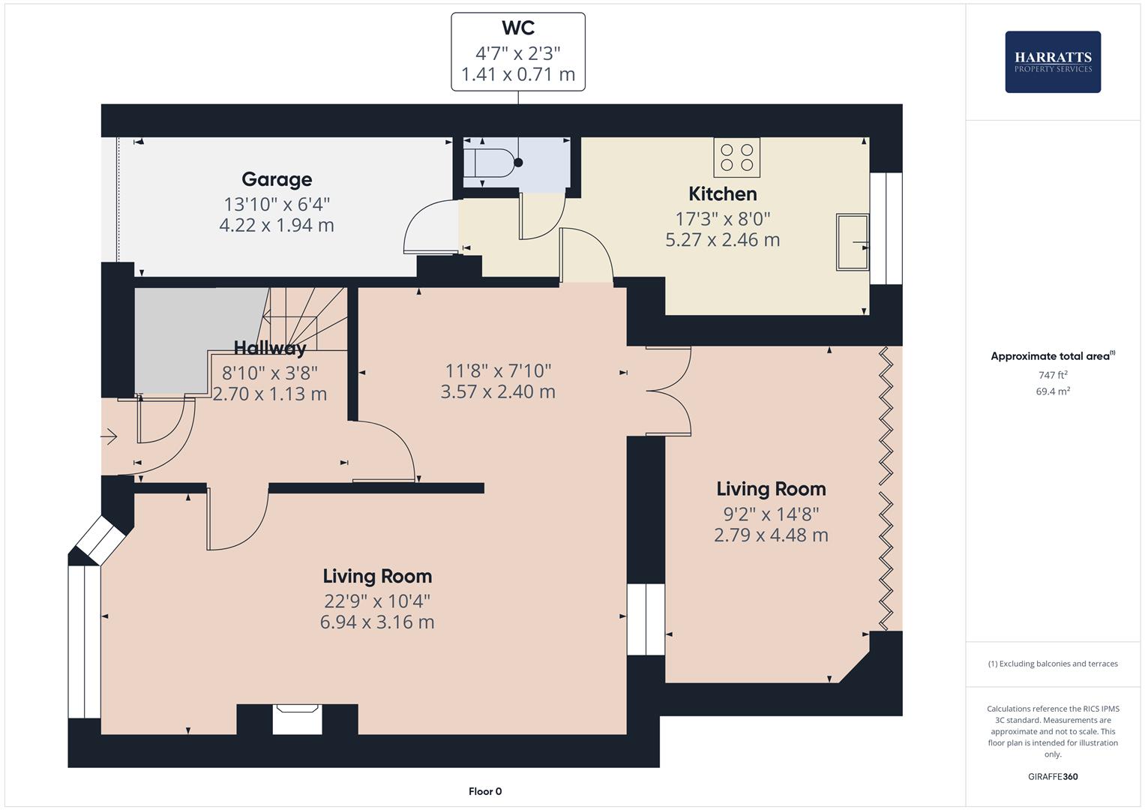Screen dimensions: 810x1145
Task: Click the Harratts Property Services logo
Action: click(x=1052, y=61)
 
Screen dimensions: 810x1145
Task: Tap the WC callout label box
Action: click(x=517, y=52)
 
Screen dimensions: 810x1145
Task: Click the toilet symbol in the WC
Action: click(x=487, y=161)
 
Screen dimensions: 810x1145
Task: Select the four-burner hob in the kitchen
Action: click(x=736, y=157)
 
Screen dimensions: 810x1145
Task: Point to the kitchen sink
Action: click(x=853, y=241)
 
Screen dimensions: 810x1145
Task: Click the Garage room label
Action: click(x=277, y=179)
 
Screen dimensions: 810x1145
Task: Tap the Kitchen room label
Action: click(x=722, y=194)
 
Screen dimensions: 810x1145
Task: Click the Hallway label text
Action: click(x=269, y=348)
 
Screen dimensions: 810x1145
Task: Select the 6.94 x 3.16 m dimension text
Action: click(x=377, y=622)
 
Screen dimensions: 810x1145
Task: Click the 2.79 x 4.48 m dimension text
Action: click(x=771, y=535)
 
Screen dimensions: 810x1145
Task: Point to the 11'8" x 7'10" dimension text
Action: click(x=498, y=370)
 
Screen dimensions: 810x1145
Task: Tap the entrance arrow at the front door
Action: click(x=109, y=436)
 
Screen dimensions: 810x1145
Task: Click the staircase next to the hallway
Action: click(x=300, y=319)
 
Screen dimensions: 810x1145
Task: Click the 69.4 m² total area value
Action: click(x=1052, y=391)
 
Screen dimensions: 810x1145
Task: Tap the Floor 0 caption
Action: click(x=484, y=791)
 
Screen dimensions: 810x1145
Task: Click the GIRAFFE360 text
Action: click(x=1052, y=776)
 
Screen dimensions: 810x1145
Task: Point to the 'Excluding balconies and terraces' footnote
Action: click(x=1052, y=664)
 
